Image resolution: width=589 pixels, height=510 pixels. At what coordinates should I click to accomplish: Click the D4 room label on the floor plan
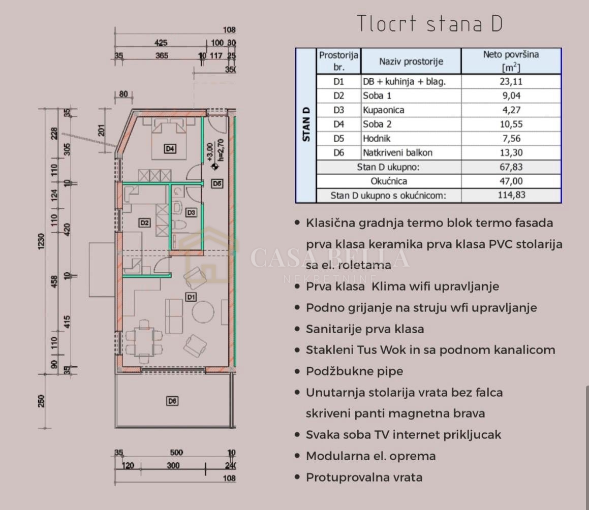[x=170, y=149]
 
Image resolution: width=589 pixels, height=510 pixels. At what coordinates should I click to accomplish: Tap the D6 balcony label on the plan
[x=172, y=401]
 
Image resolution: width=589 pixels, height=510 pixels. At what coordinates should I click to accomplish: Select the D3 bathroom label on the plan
[x=191, y=212]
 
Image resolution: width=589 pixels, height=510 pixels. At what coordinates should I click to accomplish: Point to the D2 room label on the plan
[x=145, y=222]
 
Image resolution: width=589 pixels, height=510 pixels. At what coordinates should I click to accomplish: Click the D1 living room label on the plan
[x=191, y=297]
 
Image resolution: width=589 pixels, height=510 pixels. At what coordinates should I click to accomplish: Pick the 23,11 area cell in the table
[x=511, y=81]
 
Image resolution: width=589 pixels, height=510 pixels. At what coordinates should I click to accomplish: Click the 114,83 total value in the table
[x=511, y=195]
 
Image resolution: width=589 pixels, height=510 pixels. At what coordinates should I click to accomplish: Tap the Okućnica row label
[x=389, y=181]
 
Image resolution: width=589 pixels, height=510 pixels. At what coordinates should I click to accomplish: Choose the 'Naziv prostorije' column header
[x=411, y=61]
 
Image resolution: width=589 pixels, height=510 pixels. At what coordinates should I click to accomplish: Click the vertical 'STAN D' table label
[x=306, y=124]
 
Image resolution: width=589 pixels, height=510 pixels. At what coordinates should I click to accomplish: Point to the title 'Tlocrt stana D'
[x=429, y=23]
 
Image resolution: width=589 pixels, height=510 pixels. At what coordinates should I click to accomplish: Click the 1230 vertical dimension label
[x=41, y=241]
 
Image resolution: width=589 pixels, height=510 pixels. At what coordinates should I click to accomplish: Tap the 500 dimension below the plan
[x=176, y=452]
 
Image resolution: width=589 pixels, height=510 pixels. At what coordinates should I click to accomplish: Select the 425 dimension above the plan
[x=161, y=43]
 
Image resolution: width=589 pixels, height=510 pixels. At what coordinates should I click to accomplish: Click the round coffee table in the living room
[x=203, y=312]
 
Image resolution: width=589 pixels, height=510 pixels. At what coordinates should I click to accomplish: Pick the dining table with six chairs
[x=144, y=341]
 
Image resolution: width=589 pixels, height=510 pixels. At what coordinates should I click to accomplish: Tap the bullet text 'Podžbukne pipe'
[x=354, y=371]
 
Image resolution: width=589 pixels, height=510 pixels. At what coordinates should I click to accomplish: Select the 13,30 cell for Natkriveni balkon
[x=511, y=152]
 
